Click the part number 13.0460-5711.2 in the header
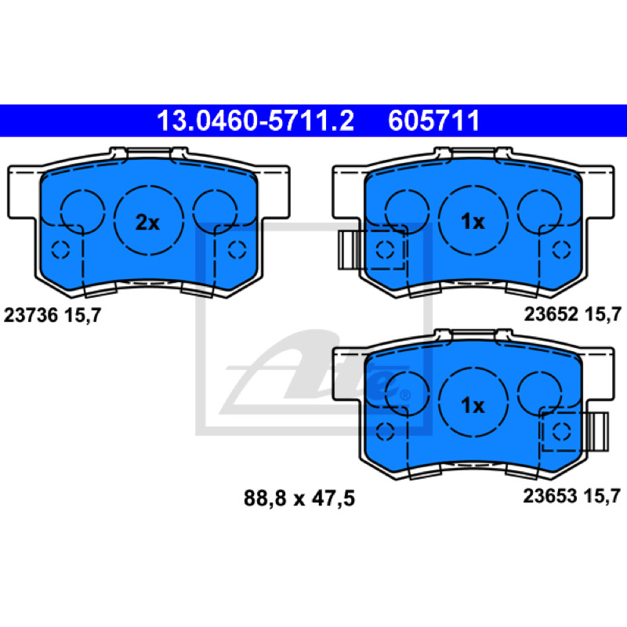click(x=256, y=121)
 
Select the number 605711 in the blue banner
click(x=434, y=121)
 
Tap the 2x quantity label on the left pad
click(x=147, y=223)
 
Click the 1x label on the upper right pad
click(x=473, y=222)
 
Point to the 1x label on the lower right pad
click(x=473, y=405)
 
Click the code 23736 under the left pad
click(x=31, y=315)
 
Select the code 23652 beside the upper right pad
click(x=551, y=314)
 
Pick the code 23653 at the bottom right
click(x=550, y=496)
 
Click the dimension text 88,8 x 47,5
click(x=299, y=498)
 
